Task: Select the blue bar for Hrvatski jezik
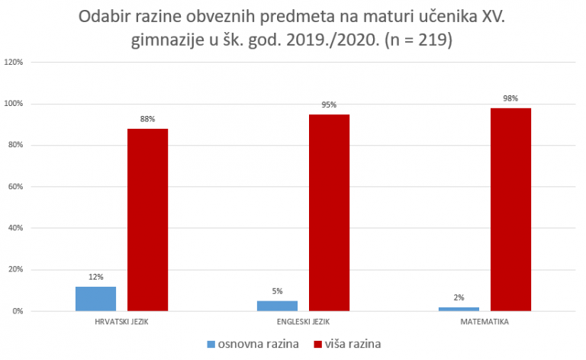(x=95, y=299)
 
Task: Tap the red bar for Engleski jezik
(x=329, y=213)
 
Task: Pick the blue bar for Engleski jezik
(x=277, y=306)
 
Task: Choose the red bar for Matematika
(x=510, y=210)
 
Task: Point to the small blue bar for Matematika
(x=459, y=309)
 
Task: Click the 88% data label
(x=147, y=119)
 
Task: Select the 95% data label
(x=329, y=104)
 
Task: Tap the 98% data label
(x=510, y=98)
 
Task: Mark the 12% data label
(x=95, y=277)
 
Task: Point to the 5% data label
(x=277, y=291)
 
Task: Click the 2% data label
(x=459, y=297)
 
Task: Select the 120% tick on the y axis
(x=14, y=63)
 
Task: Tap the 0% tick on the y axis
(x=18, y=311)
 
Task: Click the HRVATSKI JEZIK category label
(x=121, y=323)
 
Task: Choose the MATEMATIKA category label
(x=485, y=323)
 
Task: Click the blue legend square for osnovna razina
(x=211, y=344)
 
